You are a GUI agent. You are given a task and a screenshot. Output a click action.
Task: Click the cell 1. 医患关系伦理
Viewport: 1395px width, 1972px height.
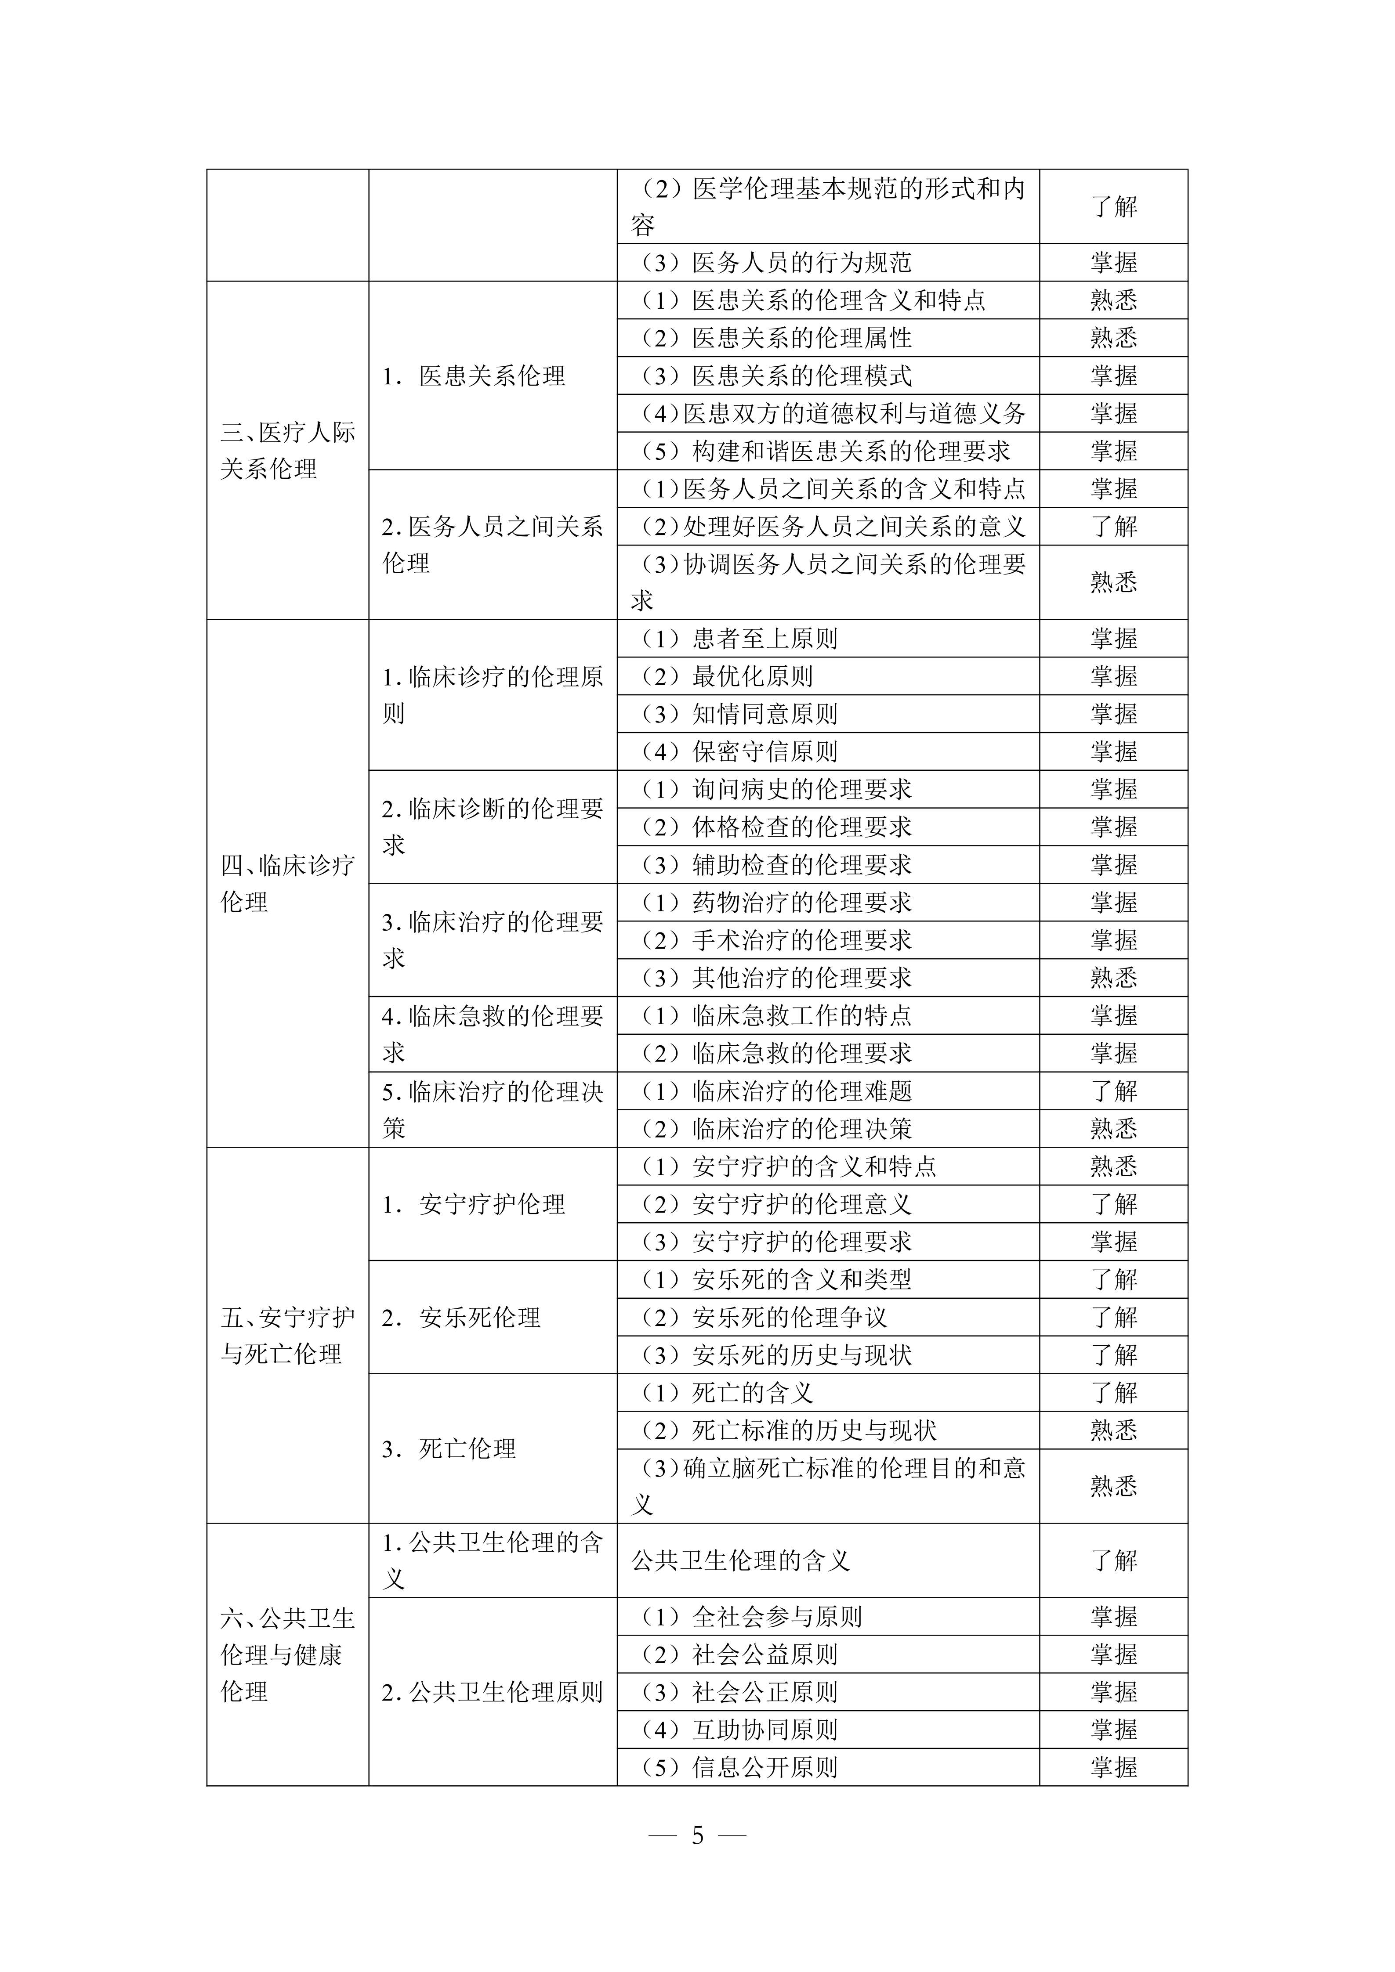click(x=474, y=376)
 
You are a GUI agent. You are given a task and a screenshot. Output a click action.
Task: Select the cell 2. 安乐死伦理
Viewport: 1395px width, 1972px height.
click(x=461, y=1317)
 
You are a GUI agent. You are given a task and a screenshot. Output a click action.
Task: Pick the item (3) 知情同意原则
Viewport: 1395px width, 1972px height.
click(x=739, y=714)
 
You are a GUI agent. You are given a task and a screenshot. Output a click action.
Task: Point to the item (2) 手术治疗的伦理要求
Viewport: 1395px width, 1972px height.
click(x=776, y=939)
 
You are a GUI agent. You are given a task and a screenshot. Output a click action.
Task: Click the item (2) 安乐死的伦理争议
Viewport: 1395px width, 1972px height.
click(x=765, y=1317)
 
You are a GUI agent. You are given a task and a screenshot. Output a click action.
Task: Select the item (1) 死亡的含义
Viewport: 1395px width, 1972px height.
click(x=728, y=1392)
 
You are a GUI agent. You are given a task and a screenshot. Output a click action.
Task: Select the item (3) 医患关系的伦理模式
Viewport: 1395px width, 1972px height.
click(x=776, y=376)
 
